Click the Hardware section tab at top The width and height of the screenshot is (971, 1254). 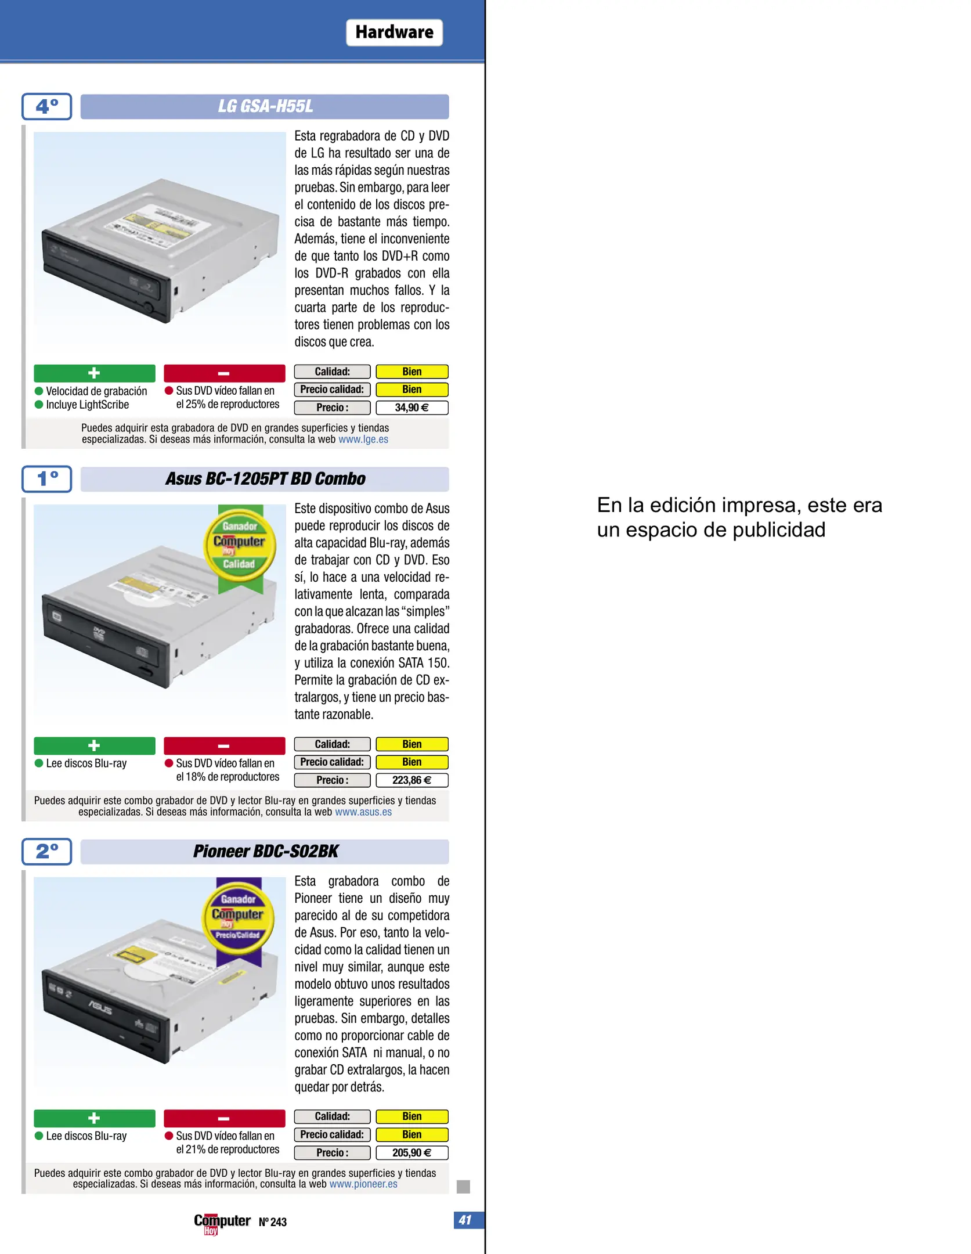(x=394, y=33)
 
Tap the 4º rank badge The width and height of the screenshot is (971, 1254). (x=47, y=106)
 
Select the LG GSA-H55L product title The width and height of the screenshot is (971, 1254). (x=265, y=106)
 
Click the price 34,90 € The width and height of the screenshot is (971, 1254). (x=411, y=408)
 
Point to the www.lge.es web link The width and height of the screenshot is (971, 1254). (x=363, y=439)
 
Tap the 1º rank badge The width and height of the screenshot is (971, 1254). (x=47, y=479)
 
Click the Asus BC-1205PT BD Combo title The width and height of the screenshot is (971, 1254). (x=265, y=479)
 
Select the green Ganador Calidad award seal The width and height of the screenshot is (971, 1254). (x=240, y=546)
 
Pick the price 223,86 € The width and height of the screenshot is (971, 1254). (x=411, y=780)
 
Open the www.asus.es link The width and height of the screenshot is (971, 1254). (x=363, y=812)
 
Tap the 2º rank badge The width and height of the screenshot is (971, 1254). (x=47, y=852)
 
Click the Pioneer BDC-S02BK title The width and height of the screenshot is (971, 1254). (x=265, y=852)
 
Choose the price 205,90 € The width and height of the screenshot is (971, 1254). (x=411, y=1153)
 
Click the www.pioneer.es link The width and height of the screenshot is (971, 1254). (x=363, y=1184)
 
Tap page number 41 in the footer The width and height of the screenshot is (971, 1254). (x=465, y=1220)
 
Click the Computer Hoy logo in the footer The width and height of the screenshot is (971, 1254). (x=222, y=1223)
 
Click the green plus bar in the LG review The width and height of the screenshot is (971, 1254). (x=95, y=373)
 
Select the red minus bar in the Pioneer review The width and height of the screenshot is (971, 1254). (x=224, y=1118)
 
